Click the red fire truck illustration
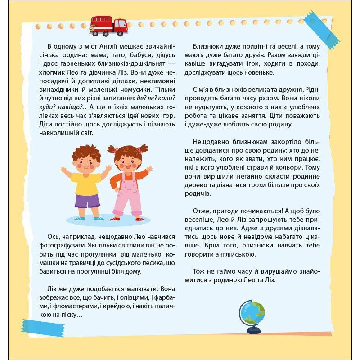[x=108, y=26]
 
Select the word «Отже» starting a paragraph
[x=202, y=211]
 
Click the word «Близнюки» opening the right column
[x=209, y=47]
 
